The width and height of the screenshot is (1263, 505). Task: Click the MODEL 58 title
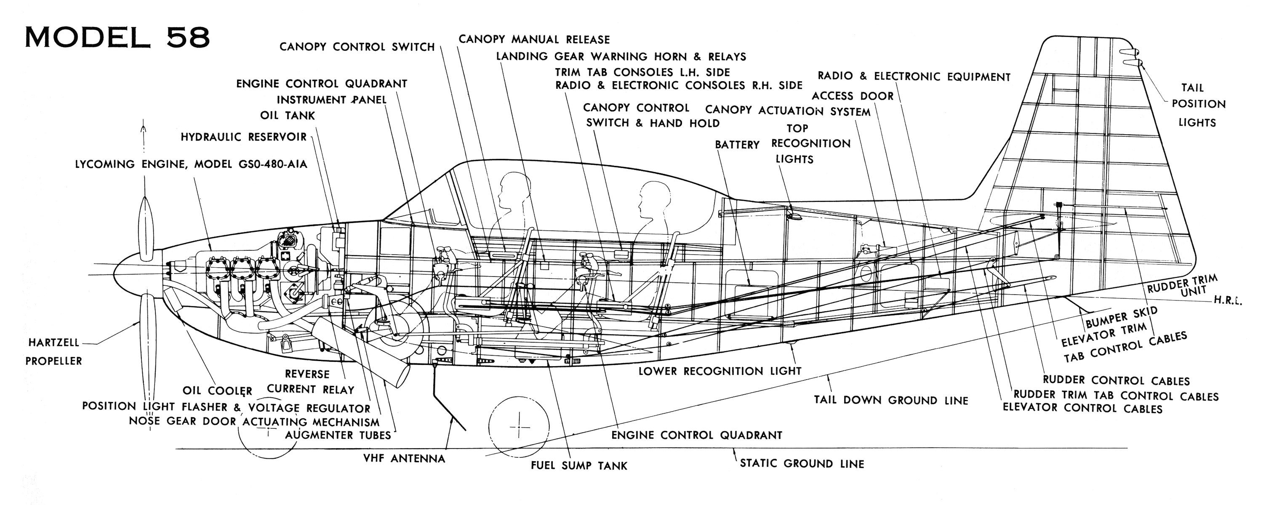pos(118,37)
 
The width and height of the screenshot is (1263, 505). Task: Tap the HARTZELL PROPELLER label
pos(53,351)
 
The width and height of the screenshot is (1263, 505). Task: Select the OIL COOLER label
pos(217,391)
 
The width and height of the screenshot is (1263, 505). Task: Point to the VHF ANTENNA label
pos(404,459)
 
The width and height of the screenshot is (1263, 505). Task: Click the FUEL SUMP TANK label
pos(579,466)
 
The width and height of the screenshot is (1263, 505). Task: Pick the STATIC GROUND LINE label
pos(802,464)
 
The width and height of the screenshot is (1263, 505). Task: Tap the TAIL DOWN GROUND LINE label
pos(891,401)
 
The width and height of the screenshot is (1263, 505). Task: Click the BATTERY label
pos(737,145)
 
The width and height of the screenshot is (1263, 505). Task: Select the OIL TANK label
pos(287,116)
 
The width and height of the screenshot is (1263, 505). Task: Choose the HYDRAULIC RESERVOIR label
pos(244,137)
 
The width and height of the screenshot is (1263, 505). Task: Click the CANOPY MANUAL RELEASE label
pos(534,40)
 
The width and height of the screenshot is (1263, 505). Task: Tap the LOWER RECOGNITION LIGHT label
pos(720,372)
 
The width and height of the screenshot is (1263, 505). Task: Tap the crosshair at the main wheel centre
pos(519,427)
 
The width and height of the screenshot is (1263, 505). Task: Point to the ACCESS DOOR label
pos(853,96)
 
